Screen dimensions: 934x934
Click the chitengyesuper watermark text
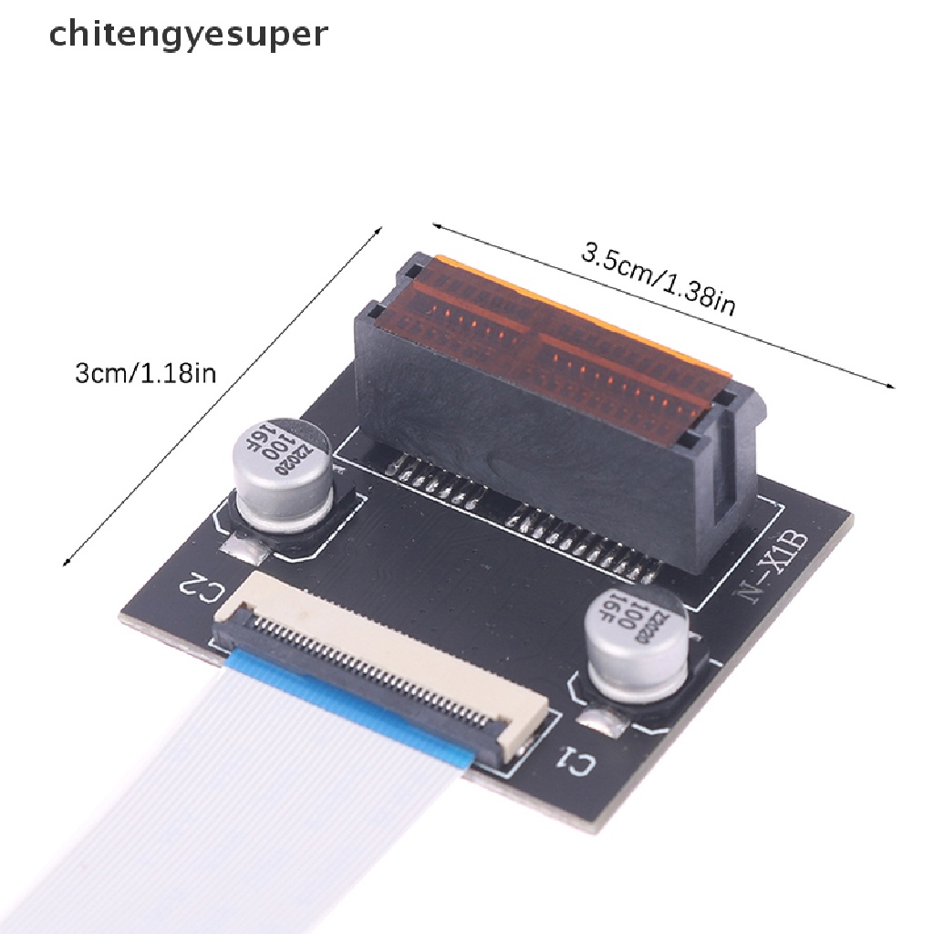(x=188, y=35)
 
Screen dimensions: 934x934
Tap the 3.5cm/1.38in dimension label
(x=659, y=279)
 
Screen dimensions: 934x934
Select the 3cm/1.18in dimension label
(x=145, y=374)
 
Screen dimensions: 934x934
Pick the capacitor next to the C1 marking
(x=636, y=641)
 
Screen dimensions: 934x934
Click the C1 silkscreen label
(x=576, y=762)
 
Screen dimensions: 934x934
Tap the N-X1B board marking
(x=778, y=568)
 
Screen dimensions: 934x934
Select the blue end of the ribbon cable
(x=351, y=703)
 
